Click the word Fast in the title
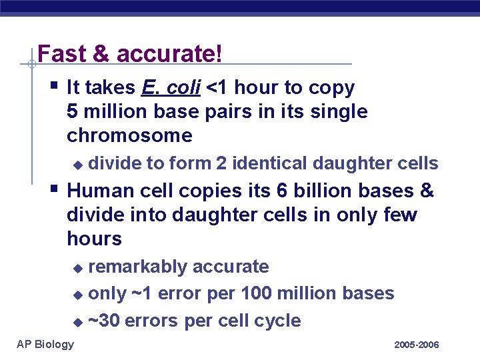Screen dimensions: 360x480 point(57,54)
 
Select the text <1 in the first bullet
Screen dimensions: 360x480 point(217,87)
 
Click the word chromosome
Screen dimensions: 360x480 point(129,135)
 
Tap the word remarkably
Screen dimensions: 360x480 point(138,267)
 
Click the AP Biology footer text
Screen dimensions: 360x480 point(45,343)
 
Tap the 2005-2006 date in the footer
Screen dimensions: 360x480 point(417,345)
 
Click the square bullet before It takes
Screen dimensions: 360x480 point(53,85)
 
